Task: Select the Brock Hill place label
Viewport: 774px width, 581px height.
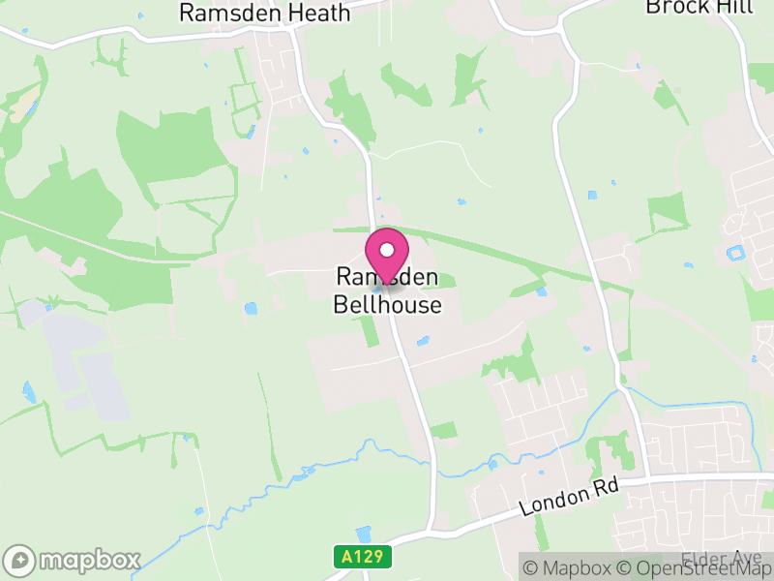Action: (687, 7)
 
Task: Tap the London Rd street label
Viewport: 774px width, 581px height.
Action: (569, 499)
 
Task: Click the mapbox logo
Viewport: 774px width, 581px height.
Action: (73, 560)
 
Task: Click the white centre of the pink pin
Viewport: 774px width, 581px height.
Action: (387, 250)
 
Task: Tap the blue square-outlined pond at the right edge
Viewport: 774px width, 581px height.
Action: (734, 255)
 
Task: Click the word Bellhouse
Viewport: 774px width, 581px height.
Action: (387, 305)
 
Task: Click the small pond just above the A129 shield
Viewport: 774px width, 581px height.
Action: (363, 534)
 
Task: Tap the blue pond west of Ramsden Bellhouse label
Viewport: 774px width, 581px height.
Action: (252, 309)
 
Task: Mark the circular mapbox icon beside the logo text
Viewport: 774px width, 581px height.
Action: (19, 560)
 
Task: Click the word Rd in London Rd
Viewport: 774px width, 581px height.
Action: (606, 489)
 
